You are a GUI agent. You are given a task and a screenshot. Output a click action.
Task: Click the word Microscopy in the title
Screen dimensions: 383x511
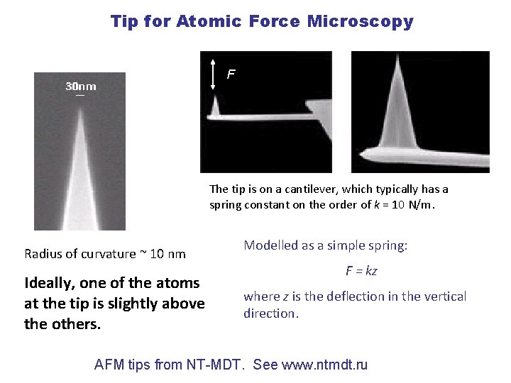360,21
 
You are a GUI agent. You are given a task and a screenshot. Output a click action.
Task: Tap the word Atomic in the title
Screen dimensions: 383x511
209,21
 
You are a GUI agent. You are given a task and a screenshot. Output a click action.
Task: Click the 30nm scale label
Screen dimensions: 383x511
81,87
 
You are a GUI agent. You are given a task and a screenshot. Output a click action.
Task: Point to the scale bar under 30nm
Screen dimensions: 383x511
80,95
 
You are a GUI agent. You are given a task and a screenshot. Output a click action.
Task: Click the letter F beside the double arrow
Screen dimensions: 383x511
230,74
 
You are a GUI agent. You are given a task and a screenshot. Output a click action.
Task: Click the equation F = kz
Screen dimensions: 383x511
361,270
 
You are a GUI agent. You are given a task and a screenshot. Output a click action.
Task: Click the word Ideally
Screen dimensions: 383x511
50,282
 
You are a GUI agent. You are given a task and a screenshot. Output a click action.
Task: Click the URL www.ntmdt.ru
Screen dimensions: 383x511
324,365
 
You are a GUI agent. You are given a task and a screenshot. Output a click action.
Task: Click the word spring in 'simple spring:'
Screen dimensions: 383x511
388,245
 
